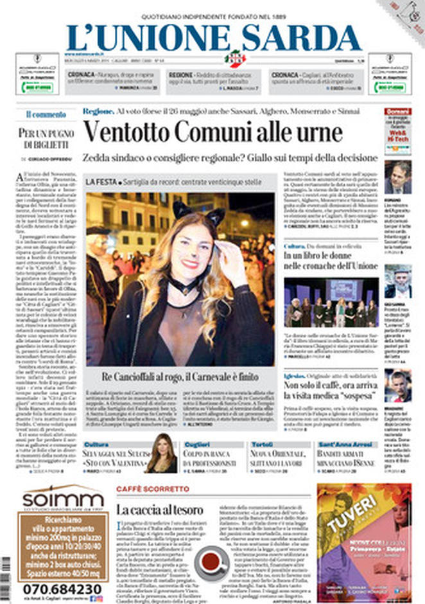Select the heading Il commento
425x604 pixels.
click(46, 114)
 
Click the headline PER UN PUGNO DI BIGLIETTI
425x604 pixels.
click(46, 138)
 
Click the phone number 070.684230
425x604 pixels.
click(62, 589)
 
